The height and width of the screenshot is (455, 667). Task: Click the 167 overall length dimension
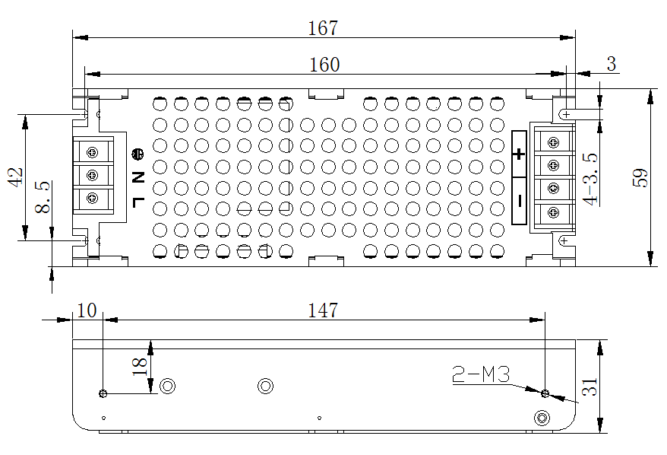tap(323, 28)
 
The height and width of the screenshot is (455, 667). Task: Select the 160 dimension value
tap(324, 65)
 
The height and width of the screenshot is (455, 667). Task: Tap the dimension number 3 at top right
tap(611, 65)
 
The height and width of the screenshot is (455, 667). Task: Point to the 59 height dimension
tap(640, 178)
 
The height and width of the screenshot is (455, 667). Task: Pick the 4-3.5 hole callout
tap(590, 178)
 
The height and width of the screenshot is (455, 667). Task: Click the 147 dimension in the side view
tap(323, 310)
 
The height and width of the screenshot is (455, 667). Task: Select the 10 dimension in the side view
tap(87, 310)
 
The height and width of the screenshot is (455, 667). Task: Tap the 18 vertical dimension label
tap(140, 365)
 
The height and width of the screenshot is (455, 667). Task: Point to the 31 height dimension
tap(590, 387)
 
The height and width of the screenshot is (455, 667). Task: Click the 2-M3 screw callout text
tap(480, 374)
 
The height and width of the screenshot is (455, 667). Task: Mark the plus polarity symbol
tap(519, 154)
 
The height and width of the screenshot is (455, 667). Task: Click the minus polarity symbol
tap(520, 200)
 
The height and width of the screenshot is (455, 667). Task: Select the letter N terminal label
tap(138, 177)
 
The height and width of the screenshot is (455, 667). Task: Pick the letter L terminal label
tap(138, 202)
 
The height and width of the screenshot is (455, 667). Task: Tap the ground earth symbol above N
tap(138, 155)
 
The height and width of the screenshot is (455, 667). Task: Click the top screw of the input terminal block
tap(93, 152)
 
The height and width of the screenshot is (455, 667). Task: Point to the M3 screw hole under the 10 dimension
tap(103, 393)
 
